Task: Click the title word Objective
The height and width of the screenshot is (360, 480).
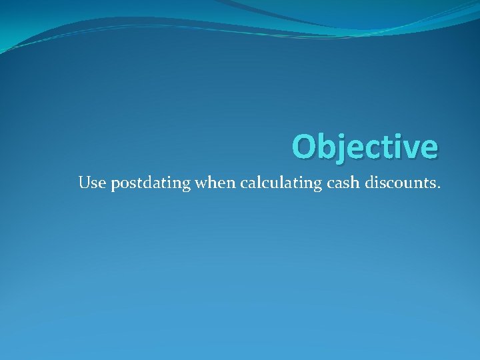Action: [x=365, y=147]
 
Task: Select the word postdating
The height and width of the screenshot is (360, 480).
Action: [x=151, y=183]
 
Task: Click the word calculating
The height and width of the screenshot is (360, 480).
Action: [x=279, y=183]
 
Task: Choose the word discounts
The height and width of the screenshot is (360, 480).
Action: [x=402, y=183]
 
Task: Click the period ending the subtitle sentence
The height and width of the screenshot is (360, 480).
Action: [x=439, y=187]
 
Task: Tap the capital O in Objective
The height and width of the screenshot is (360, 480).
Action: [x=304, y=147]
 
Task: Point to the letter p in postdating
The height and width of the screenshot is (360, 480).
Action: [x=115, y=185]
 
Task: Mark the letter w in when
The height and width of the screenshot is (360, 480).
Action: [x=201, y=184]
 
